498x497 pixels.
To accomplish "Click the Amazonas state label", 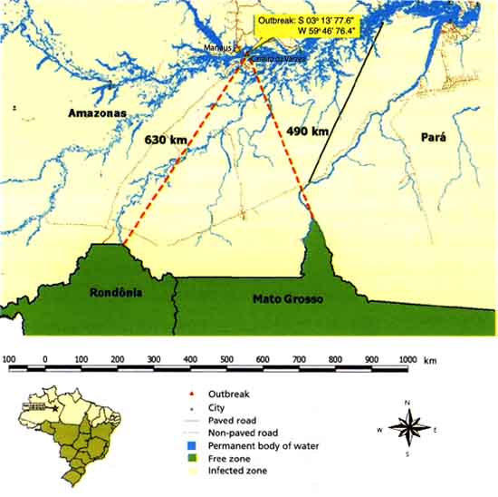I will coord(95,112).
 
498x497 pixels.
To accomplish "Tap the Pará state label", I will coord(435,136).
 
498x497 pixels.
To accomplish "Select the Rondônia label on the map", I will coord(118,293).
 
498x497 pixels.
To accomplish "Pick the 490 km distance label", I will coord(307,131).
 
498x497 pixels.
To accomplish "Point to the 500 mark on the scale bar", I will coord(226,360).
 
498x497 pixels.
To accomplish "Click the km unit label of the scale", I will coord(430,360).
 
